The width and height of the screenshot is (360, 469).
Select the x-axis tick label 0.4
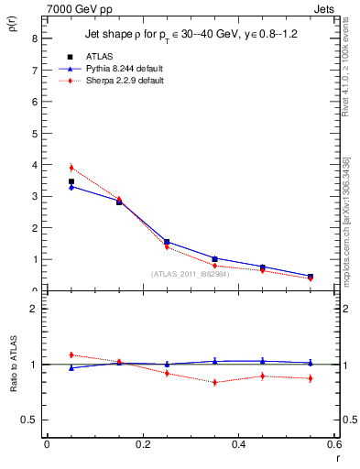pos(240,444)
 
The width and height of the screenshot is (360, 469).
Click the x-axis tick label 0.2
pos(143,444)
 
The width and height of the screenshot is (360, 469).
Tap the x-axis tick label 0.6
pos(334,444)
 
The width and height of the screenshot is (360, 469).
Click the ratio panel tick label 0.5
pos(29,420)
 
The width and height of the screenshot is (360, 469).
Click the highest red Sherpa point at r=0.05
pos(71,168)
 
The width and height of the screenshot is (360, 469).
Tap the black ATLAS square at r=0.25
pos(167,242)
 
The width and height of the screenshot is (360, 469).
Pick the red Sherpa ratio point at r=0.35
pos(214,382)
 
